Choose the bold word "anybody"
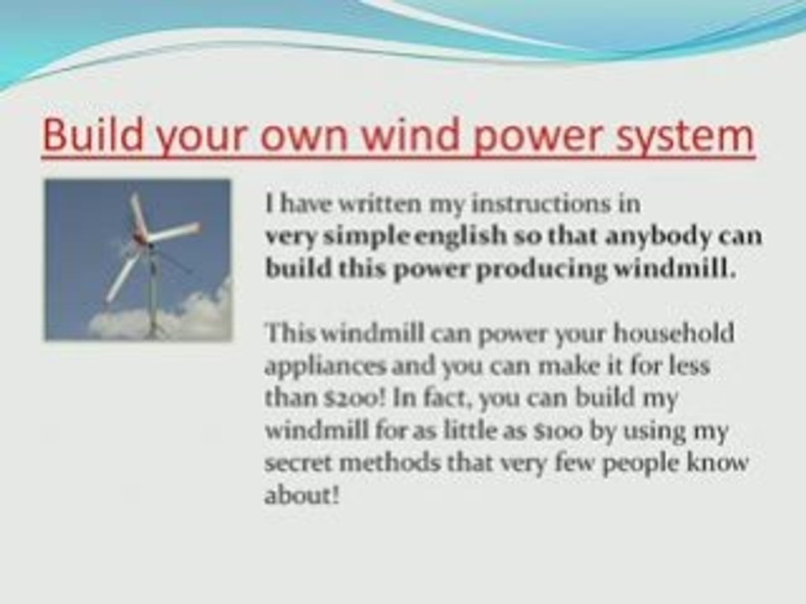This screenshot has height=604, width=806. pos(663,236)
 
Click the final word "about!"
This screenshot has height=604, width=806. pos(302,496)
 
